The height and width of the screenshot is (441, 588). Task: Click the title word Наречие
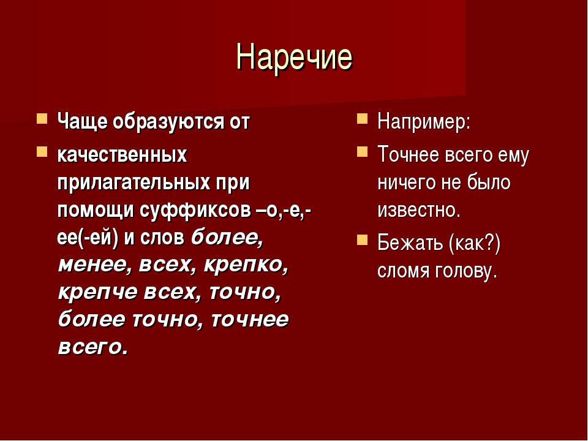point(295,58)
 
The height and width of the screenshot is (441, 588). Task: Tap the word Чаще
point(82,123)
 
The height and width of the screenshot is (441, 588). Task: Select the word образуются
point(168,123)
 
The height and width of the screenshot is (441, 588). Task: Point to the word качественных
point(123,154)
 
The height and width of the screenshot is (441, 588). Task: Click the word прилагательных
point(134,183)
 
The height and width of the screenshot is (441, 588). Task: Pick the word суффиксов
point(195,210)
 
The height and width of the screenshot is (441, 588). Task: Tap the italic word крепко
point(246,265)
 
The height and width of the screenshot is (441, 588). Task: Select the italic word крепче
point(98,293)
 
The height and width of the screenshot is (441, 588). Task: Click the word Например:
point(424,123)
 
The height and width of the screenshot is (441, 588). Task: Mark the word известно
point(419,211)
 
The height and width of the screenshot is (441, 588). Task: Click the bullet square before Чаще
point(42,118)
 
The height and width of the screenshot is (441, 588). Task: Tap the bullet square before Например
point(362,118)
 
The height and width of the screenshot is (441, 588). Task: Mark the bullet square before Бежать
point(362,239)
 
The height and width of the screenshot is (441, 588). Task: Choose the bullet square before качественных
point(42,151)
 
